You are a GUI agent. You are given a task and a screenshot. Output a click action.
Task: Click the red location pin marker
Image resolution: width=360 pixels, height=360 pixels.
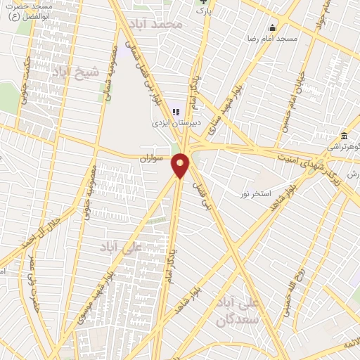(181, 165)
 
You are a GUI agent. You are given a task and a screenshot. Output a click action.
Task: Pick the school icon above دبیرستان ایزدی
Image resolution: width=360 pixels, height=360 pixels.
(176, 110)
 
